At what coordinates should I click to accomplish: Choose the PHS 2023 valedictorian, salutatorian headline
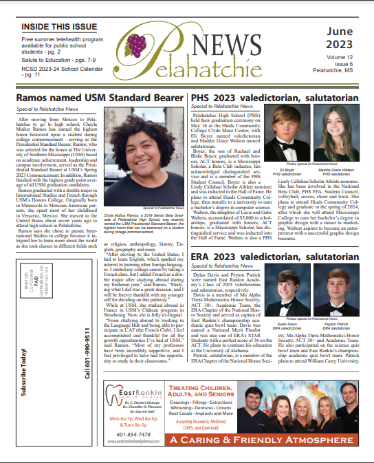point(274,99)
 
